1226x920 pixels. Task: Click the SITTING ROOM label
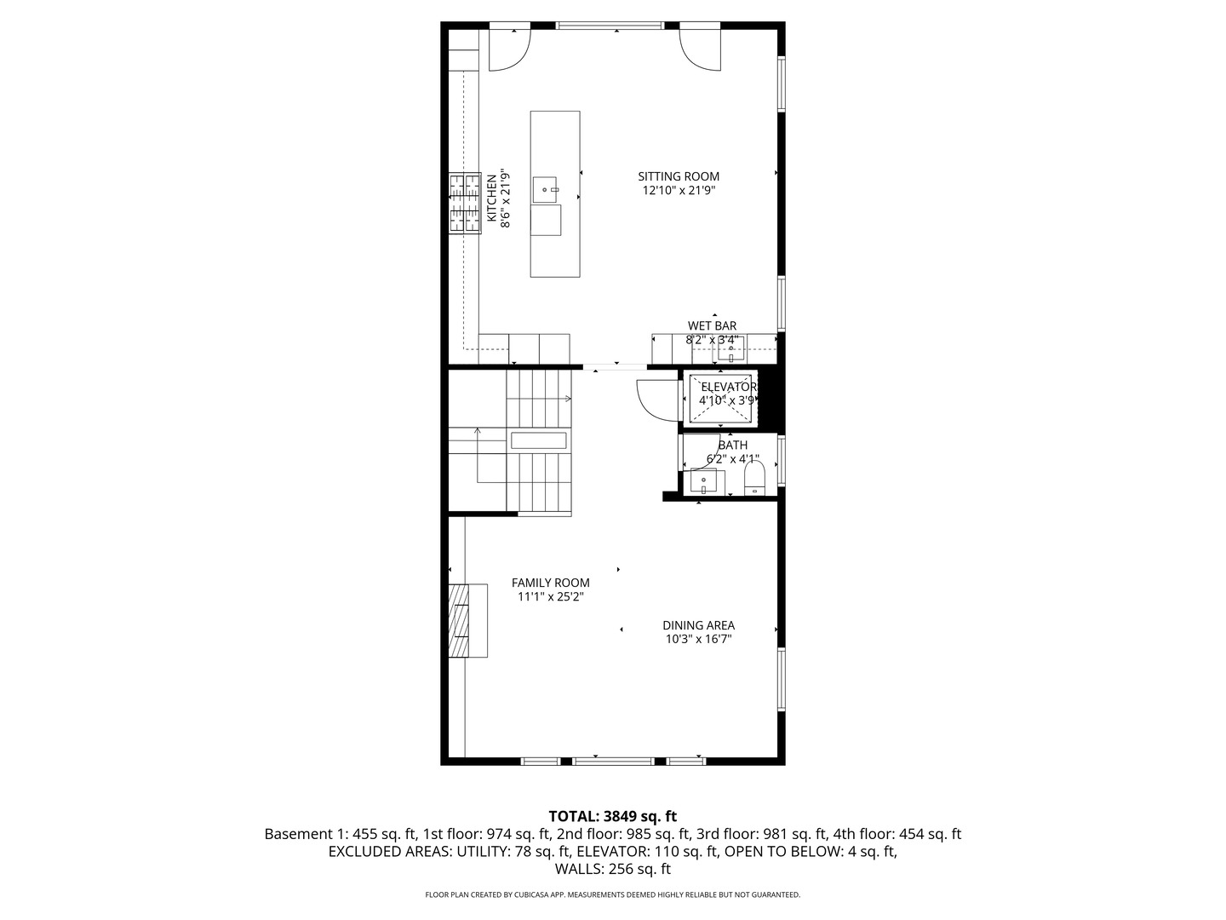click(x=679, y=176)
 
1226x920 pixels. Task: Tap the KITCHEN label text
click(x=492, y=199)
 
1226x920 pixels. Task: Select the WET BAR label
click(x=712, y=325)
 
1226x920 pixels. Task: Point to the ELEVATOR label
click(x=728, y=387)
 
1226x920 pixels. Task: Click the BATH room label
click(x=732, y=445)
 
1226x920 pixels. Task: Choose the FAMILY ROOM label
click(x=550, y=583)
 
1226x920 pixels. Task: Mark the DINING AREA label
click(x=698, y=625)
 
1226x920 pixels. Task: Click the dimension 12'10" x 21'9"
click(x=679, y=191)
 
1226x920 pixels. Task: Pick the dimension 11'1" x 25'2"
click(x=550, y=597)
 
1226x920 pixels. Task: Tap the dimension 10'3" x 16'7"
click(x=698, y=639)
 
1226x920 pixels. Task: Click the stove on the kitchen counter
click(x=466, y=202)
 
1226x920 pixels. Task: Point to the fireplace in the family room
click(x=460, y=620)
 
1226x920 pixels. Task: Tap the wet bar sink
click(x=730, y=349)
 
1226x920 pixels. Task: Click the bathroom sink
click(x=704, y=482)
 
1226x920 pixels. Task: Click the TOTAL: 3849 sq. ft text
click(x=612, y=816)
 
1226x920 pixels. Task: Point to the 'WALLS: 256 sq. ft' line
click(x=612, y=870)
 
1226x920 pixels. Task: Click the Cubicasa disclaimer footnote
click(x=612, y=895)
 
